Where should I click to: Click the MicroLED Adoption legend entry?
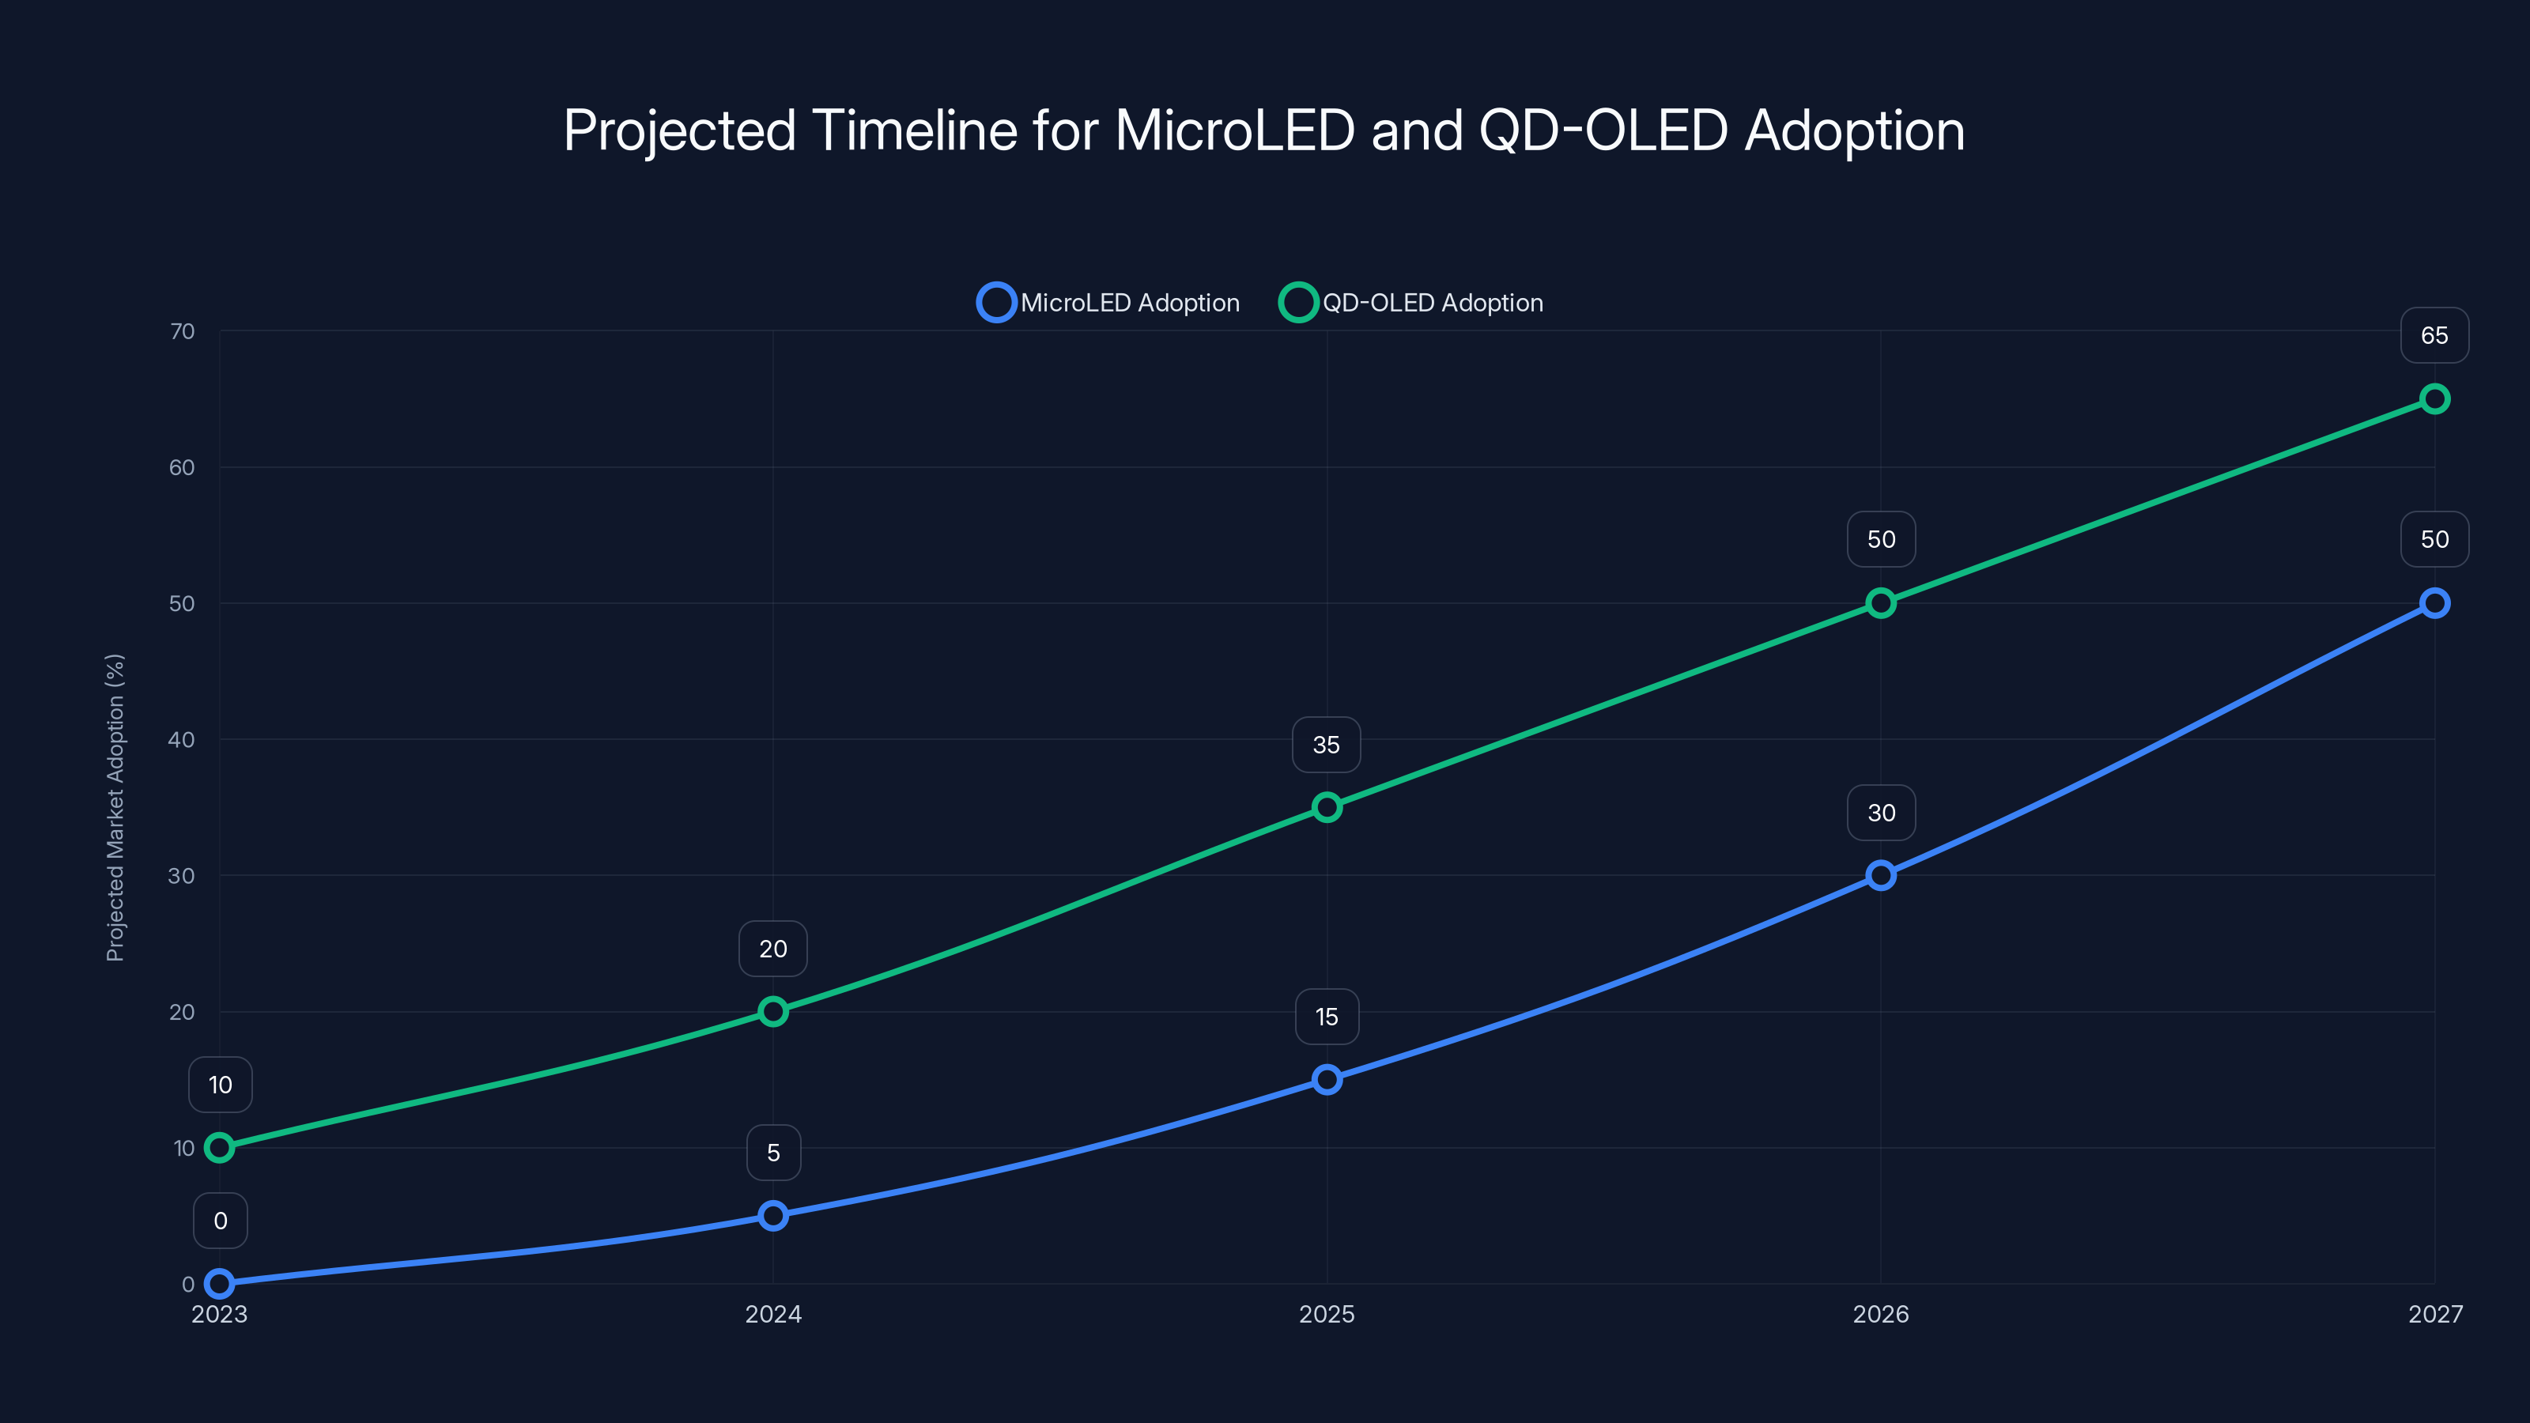point(1108,303)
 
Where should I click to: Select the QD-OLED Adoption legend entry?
point(1411,303)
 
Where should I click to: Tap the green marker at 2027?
point(2434,398)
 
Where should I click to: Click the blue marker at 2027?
point(2434,603)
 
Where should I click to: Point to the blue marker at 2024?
point(773,1216)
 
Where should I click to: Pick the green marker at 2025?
point(1327,807)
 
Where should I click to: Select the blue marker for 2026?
point(1881,875)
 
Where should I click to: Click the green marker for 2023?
point(220,1147)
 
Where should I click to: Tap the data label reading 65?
point(2434,336)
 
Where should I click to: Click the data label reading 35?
point(1326,745)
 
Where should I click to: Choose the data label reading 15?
point(1327,1017)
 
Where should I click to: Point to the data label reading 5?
point(773,1153)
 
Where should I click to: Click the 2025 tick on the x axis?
point(1327,1314)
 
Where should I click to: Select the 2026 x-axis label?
point(1881,1314)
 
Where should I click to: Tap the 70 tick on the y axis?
point(182,331)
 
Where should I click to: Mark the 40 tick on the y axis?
point(182,739)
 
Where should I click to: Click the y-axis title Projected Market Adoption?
point(115,807)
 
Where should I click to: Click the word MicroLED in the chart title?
point(1234,130)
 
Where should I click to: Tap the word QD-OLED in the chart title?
point(1603,130)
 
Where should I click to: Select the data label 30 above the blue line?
point(1881,813)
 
